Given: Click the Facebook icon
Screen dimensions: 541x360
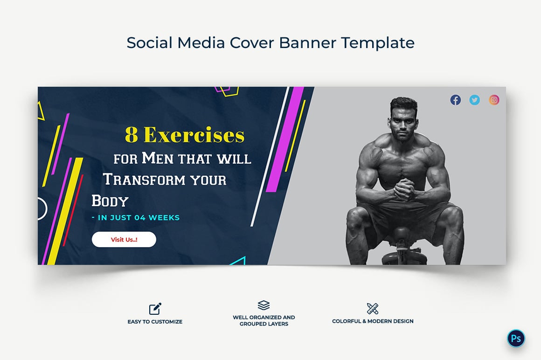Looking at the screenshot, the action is coord(456,100).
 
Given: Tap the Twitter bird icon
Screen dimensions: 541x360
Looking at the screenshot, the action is coord(475,100).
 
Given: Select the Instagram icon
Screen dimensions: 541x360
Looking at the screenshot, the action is coord(494,100).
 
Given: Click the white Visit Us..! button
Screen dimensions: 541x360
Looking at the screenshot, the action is coord(124,239).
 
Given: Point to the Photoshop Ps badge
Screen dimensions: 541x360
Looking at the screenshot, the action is coord(516,338).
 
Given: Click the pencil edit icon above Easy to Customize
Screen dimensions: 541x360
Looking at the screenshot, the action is coord(155,309).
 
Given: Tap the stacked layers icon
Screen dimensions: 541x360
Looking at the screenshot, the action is coord(264,305).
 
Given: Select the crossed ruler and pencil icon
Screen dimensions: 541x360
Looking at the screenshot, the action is coord(373,309).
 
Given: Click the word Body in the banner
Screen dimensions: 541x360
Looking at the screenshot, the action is coord(110,201).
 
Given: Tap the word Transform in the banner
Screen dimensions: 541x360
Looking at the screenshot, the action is coord(144,180).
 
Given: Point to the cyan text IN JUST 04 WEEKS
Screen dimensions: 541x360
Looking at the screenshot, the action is coord(136,218).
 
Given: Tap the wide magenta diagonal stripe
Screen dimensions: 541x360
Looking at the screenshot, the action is coord(285,139).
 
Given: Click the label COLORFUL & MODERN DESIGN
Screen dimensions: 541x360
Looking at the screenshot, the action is coord(373,321).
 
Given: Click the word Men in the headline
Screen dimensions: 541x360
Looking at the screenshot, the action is coord(158,158).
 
